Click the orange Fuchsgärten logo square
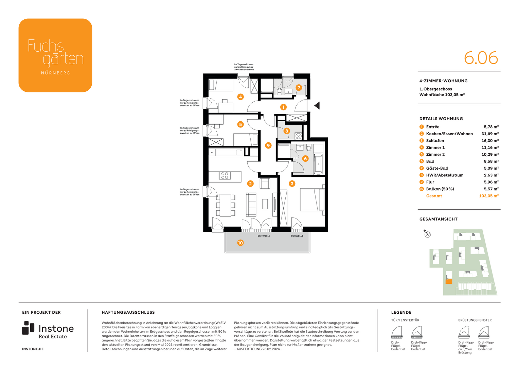pyautogui.click(x=55, y=55)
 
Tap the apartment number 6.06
pyautogui.click(x=481, y=58)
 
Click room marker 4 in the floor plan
pyautogui.click(x=240, y=97)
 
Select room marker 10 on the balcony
pyautogui.click(x=240, y=243)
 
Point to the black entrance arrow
pyautogui.click(x=317, y=106)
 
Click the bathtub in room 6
pyautogui.click(x=318, y=163)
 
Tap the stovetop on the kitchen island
pyautogui.click(x=225, y=175)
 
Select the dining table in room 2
pyautogui.click(x=225, y=205)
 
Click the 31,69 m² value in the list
pyautogui.click(x=490, y=134)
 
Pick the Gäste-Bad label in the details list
pyautogui.click(x=437, y=168)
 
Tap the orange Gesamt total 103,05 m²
pyautogui.click(x=488, y=196)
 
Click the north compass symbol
pyautogui.click(x=427, y=234)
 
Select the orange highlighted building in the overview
pyautogui.click(x=449, y=281)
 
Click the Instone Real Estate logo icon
pyautogui.click(x=28, y=328)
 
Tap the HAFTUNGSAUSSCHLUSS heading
pyautogui.click(x=128, y=312)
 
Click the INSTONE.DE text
pyautogui.click(x=33, y=349)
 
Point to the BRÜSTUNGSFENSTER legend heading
pyautogui.click(x=475, y=320)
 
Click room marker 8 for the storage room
pyautogui.click(x=287, y=131)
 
